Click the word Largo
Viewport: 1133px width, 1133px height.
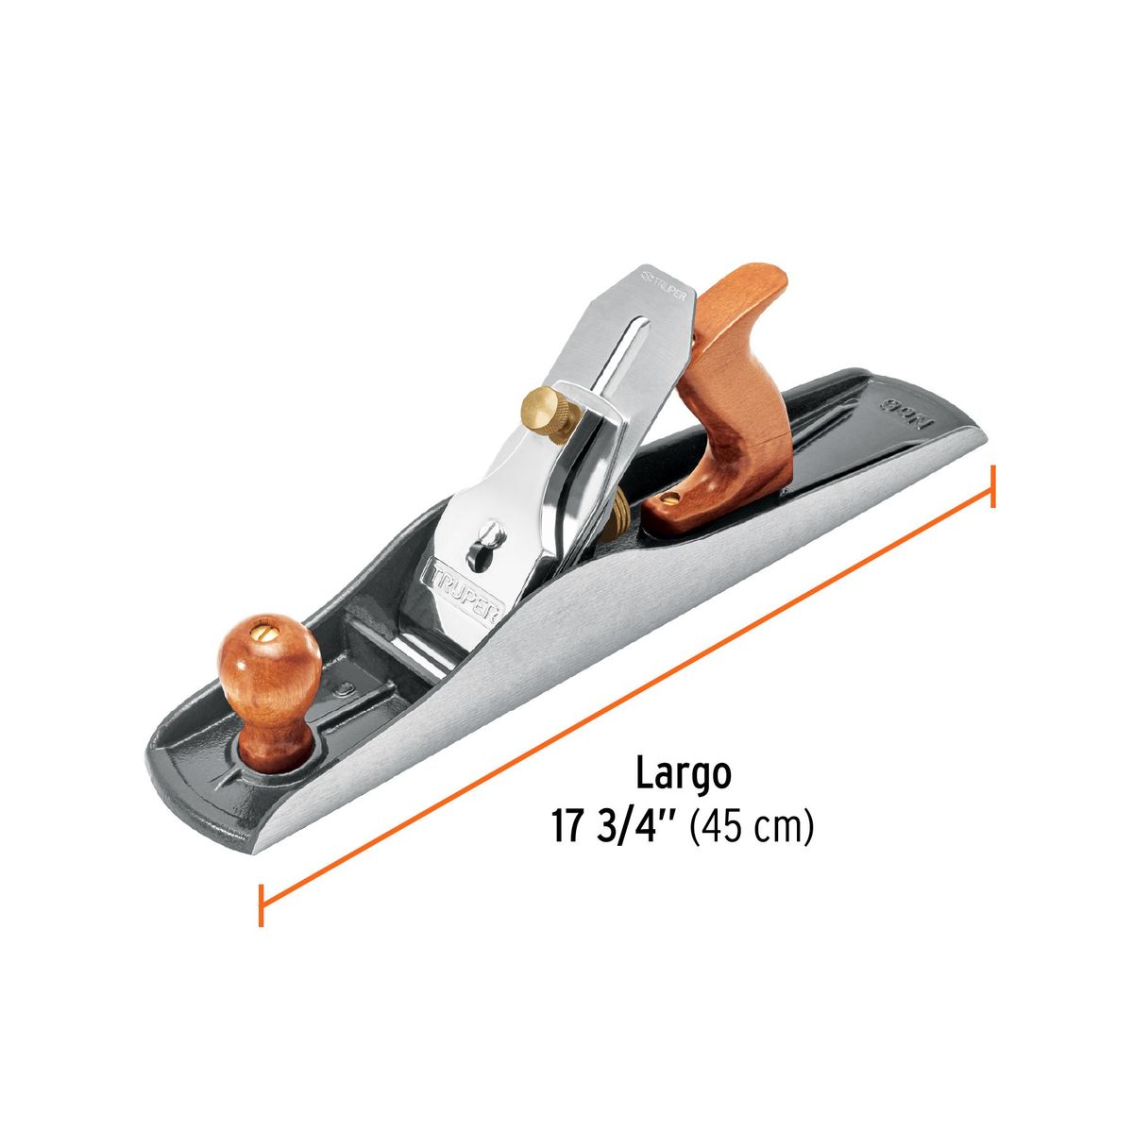[x=683, y=774]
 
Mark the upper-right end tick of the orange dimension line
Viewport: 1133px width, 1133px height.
[x=992, y=485]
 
